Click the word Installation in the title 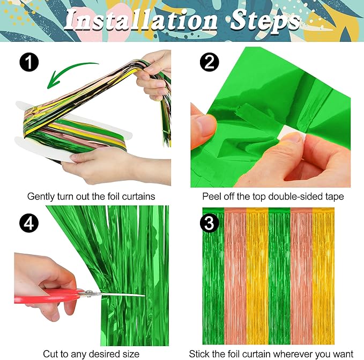pyautogui.click(x=140, y=20)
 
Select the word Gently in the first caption pyautogui.click(x=41, y=196)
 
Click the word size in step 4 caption pyautogui.click(x=131, y=354)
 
